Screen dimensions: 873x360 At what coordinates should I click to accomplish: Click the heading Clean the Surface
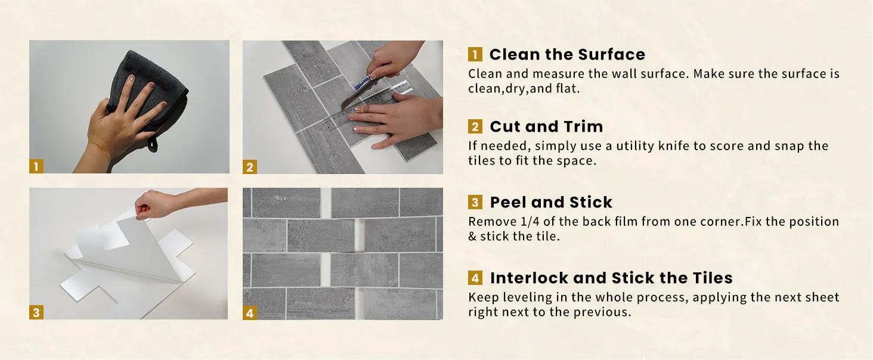[x=567, y=55]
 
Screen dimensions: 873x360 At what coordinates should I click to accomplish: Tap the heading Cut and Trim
[x=546, y=126]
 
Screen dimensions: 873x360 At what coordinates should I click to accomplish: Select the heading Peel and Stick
[x=551, y=202]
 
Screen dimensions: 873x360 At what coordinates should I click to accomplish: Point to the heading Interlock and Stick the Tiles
[x=611, y=278]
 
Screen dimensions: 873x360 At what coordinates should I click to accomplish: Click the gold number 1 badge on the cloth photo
[x=36, y=166]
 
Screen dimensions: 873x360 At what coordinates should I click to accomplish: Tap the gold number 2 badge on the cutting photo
[x=250, y=167]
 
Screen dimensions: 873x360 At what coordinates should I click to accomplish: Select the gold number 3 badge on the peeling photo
[x=36, y=312]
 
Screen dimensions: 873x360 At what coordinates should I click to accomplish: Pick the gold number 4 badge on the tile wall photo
[x=250, y=312]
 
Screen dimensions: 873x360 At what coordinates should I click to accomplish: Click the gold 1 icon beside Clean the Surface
[x=475, y=54]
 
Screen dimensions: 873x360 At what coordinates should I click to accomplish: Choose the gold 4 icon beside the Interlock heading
[x=475, y=278]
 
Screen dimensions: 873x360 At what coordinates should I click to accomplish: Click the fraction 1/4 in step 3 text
[x=530, y=222]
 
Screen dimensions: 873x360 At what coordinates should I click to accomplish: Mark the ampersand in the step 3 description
[x=472, y=237]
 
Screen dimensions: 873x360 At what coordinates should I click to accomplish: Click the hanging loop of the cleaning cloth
[x=153, y=144]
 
